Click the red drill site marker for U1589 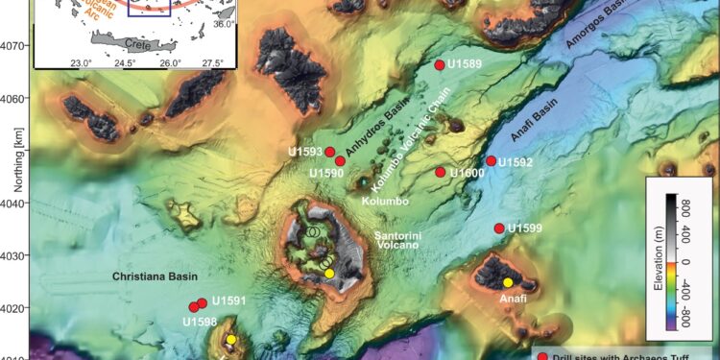point(439,65)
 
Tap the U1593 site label point(305,153)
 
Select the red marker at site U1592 point(491,161)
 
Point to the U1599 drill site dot point(499,228)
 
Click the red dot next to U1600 point(440,173)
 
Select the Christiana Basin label point(155,274)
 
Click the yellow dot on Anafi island point(508,282)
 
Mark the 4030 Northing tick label point(16,255)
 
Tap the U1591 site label point(229,300)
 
